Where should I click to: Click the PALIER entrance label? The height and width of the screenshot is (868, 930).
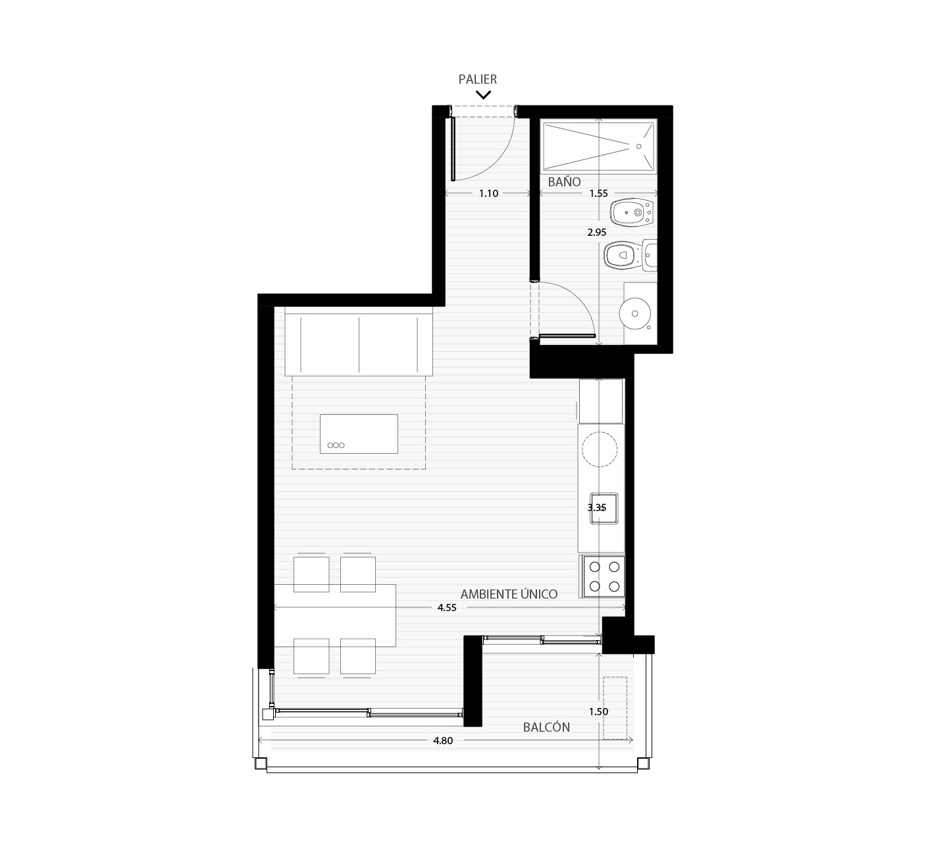(477, 79)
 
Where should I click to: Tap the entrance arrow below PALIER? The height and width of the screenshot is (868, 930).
(483, 95)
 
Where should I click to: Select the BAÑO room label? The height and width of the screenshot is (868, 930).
(564, 182)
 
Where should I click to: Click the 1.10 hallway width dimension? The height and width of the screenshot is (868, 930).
(488, 193)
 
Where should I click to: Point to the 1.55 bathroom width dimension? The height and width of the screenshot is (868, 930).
(598, 193)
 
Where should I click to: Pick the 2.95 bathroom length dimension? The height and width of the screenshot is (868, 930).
(597, 232)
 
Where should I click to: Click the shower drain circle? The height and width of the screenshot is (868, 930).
(638, 146)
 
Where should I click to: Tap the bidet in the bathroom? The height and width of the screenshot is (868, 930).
(632, 212)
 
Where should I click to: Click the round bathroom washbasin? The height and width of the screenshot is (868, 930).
(635, 313)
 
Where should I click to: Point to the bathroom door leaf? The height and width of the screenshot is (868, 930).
(567, 336)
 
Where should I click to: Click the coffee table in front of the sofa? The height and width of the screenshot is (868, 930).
(359, 433)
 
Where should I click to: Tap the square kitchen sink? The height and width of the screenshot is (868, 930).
(604, 508)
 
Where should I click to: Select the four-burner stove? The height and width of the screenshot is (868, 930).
(604, 576)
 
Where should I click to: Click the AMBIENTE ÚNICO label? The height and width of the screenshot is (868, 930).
(509, 594)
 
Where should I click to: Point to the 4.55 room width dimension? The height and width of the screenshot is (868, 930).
(447, 607)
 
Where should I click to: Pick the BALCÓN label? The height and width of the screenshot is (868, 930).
(546, 727)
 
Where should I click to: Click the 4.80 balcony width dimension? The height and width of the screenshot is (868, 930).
(442, 740)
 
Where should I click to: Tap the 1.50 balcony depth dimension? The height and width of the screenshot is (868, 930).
(598, 711)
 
